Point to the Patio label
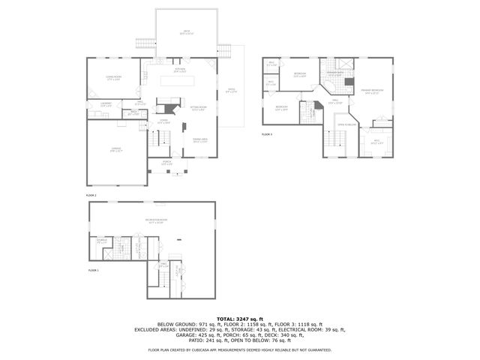[x=231, y=91]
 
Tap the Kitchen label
[x=180, y=70]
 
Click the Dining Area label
[x=199, y=140]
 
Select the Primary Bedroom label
[x=372, y=91]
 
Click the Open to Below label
[x=346, y=124]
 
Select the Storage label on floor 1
[x=102, y=241]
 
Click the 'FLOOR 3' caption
[x=267, y=134]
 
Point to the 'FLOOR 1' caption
[x=94, y=269]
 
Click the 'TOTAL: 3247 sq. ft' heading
[x=239, y=319]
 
